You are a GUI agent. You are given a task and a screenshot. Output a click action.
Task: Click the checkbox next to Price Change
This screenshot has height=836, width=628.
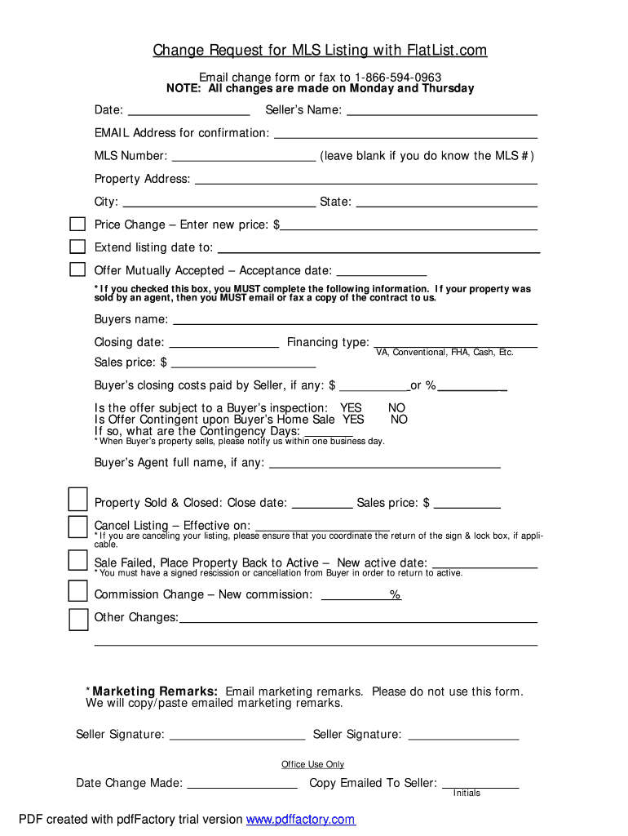tap(77, 225)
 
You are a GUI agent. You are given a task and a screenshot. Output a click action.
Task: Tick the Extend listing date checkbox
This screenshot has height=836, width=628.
tap(77, 247)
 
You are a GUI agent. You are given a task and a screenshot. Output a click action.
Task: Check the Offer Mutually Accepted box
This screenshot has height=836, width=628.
tap(77, 269)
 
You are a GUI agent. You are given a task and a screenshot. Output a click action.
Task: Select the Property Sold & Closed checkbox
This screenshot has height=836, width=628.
tap(77, 499)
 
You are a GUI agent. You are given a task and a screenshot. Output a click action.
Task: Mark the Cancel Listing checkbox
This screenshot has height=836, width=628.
tap(77, 527)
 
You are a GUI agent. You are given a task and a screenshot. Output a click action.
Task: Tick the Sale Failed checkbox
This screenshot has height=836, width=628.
tap(77, 560)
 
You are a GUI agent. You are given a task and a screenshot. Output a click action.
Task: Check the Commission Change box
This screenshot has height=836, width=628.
tap(77, 590)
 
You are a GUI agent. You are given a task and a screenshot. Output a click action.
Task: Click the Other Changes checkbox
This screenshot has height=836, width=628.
tap(77, 620)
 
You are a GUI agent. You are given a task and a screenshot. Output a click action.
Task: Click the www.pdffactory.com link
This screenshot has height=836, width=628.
tap(301, 820)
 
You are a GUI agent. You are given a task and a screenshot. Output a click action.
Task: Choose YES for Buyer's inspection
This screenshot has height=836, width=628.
tap(351, 407)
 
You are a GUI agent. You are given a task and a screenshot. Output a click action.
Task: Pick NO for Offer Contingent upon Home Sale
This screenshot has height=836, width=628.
tap(399, 420)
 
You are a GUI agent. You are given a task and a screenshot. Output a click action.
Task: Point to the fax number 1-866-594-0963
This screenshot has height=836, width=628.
tap(398, 78)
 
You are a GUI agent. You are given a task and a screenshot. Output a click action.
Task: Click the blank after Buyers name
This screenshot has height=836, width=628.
tap(355, 320)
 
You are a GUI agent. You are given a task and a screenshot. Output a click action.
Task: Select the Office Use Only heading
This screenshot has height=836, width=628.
tap(313, 764)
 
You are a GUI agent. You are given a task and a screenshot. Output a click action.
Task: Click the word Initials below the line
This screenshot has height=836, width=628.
tap(467, 794)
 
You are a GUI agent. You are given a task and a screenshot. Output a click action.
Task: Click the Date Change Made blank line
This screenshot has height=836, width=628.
tap(242, 784)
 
